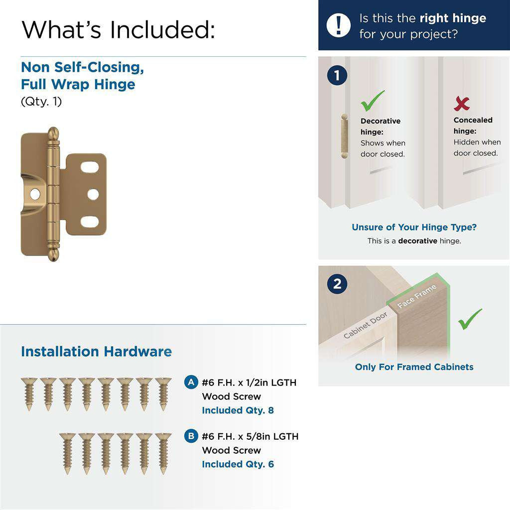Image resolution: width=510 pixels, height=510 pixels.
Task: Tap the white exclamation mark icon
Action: pos(339,25)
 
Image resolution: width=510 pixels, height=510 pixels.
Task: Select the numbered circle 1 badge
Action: pos(337,76)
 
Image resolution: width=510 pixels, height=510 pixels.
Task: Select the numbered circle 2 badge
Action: pos(337,284)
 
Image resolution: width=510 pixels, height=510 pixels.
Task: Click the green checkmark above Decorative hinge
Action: pos(373,101)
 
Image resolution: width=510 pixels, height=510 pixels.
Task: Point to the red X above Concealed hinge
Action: pos(462,103)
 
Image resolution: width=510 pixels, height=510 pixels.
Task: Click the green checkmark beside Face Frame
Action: pos(470,319)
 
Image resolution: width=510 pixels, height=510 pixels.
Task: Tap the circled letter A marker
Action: pos(190,382)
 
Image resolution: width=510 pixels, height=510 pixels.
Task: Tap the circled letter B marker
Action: pos(190,436)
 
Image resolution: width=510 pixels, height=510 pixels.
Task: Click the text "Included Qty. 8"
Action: pos(238,410)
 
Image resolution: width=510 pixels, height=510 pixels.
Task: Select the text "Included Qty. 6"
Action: pos(238,464)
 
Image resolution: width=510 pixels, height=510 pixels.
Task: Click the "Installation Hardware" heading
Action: pos(96,352)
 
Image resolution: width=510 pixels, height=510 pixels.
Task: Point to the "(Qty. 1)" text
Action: pos(41,102)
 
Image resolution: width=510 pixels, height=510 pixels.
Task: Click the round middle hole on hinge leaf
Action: pos(93,194)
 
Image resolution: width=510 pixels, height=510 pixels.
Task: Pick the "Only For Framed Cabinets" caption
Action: pos(414,367)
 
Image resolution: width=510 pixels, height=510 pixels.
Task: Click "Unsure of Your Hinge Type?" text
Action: pos(414,227)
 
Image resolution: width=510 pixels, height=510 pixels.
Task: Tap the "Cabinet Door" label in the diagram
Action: pos(366,325)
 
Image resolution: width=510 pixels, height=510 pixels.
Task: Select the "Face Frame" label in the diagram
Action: pos(417,296)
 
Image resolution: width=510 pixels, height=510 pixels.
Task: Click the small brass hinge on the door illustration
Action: pos(343,136)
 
